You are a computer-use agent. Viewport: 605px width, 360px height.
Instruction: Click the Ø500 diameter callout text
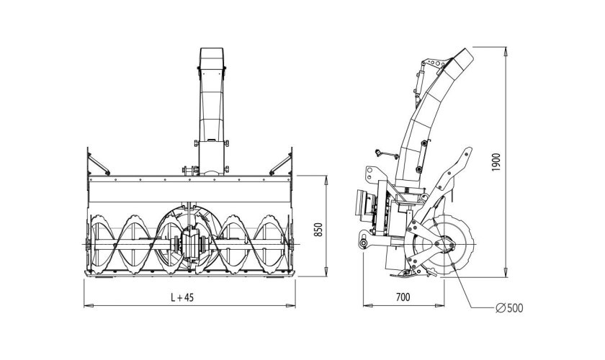(x=509, y=308)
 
